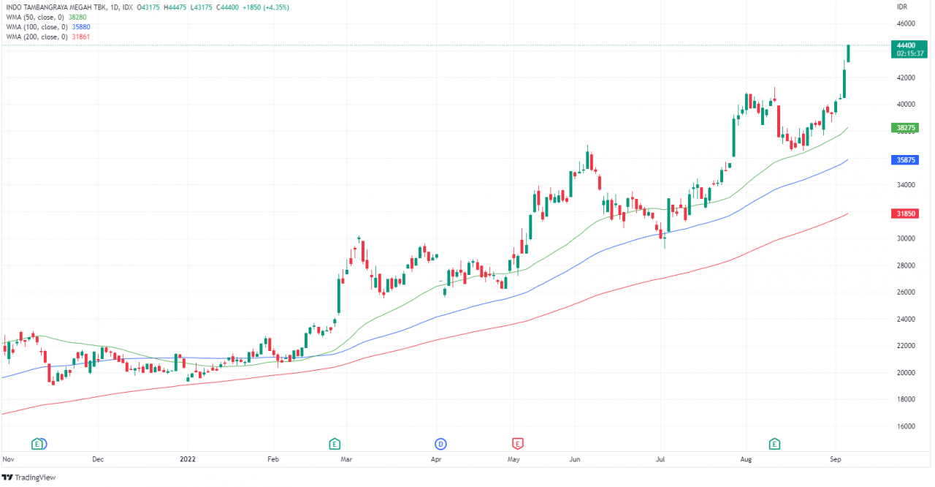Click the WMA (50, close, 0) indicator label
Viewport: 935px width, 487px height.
tap(35, 17)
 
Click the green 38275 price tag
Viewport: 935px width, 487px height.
tap(906, 128)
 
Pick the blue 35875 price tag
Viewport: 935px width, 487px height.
tap(906, 159)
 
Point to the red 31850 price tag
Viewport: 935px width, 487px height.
tap(906, 214)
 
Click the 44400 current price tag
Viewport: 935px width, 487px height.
tap(906, 45)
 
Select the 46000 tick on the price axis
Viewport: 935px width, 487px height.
tap(906, 23)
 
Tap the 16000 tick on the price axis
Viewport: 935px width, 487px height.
tap(906, 426)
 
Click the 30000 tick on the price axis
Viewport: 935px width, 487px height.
tap(906, 238)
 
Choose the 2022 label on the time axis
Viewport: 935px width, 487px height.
tap(188, 459)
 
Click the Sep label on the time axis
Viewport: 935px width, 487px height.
tap(836, 459)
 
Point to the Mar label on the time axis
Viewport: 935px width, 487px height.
tap(347, 459)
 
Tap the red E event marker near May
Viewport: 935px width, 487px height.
tap(517, 443)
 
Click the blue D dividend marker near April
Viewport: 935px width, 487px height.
tap(440, 443)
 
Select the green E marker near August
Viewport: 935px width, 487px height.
tap(774, 443)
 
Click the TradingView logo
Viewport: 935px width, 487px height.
tap(29, 477)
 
